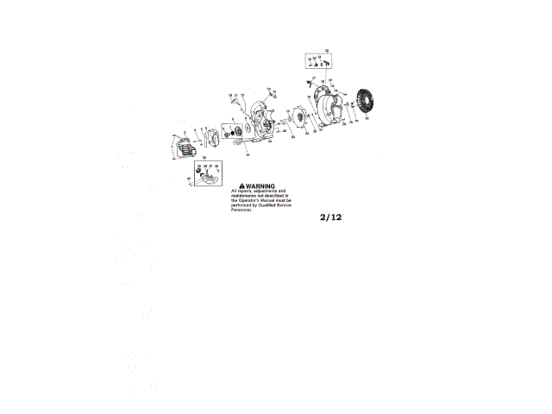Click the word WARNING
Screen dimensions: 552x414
pos(260,185)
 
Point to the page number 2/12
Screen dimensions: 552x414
pos(330,217)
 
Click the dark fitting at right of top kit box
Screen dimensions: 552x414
pos(329,62)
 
